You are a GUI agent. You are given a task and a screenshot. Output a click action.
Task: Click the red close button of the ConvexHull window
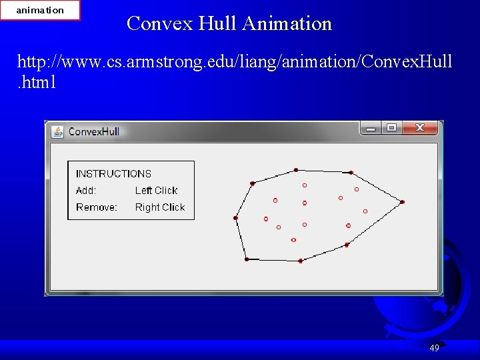coord(420,127)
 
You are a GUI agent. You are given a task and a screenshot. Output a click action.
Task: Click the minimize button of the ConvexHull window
coord(371,127)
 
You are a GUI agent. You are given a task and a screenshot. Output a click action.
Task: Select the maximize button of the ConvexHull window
coord(391,127)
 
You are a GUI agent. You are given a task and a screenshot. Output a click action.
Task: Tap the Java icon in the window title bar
coord(58,131)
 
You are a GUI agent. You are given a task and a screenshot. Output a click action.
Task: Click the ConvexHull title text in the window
coord(94,131)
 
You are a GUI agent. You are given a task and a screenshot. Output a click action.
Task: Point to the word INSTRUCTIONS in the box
coord(113,173)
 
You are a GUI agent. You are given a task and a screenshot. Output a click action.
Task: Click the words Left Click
coord(156,191)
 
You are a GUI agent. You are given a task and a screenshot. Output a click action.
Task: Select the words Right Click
coord(159,207)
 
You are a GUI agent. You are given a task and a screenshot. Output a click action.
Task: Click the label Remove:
coord(97,207)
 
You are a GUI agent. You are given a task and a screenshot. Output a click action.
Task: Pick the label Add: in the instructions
coord(86,191)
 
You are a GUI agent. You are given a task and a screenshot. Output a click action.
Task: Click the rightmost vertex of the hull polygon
coord(403,201)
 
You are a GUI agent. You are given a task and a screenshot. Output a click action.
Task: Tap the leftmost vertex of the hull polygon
coord(235,217)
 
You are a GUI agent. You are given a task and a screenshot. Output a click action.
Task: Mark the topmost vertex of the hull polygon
coord(296,170)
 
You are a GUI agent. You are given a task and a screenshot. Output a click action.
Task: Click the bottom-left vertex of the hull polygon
coord(247,259)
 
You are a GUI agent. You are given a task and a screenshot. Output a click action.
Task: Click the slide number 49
coord(434,348)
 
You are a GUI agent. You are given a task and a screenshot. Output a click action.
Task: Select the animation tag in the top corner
coord(40,10)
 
